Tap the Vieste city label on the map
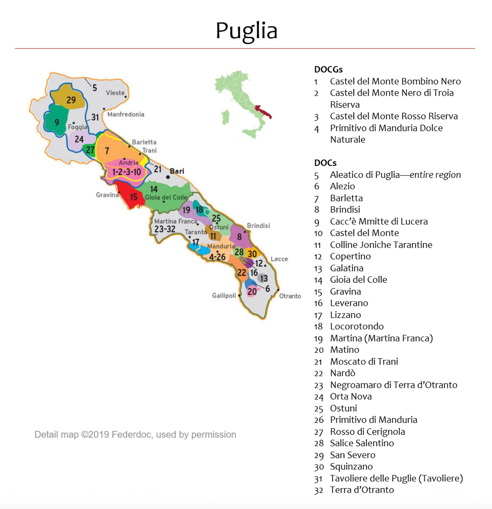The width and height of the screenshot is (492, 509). (115, 93)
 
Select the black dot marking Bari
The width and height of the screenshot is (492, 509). (168, 177)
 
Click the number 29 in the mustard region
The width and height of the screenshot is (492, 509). (71, 100)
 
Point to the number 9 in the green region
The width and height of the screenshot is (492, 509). (57, 122)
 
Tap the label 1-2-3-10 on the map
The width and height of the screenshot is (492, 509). (126, 172)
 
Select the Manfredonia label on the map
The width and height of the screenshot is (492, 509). (126, 114)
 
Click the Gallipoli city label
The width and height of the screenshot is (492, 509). (224, 296)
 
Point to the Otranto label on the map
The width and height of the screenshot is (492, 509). (290, 296)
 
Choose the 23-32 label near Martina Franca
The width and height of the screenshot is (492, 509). (165, 229)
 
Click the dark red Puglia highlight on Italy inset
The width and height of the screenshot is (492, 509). (264, 111)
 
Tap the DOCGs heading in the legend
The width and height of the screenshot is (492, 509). (328, 69)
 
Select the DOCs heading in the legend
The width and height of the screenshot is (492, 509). (325, 163)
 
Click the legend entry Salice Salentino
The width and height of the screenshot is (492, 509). (362, 443)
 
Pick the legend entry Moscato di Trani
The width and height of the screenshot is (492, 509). (364, 362)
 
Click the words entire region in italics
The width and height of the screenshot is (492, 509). (435, 175)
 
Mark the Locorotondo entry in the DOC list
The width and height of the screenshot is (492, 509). (356, 326)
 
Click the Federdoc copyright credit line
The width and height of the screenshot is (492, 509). (135, 435)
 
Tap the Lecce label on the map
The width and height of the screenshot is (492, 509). (279, 259)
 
